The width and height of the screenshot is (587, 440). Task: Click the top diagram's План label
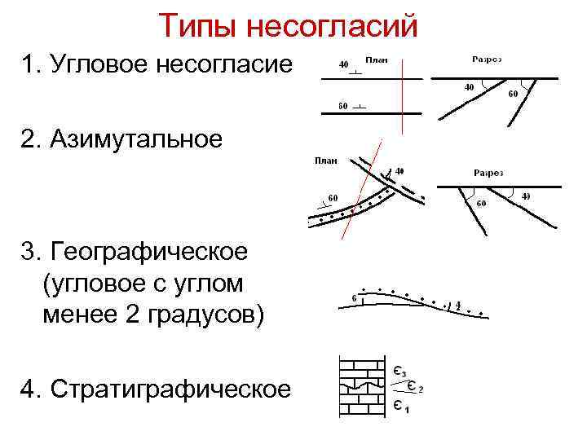point(376,59)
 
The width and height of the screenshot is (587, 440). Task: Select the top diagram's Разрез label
point(487,59)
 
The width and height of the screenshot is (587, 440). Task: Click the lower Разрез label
point(488,173)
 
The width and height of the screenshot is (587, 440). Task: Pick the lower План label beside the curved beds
point(326,161)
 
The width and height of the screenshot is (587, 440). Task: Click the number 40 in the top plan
point(343,64)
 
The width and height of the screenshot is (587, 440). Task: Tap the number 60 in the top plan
point(343,107)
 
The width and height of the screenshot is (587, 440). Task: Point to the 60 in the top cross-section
point(513,94)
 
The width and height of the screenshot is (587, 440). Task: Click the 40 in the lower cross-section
point(525,196)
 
